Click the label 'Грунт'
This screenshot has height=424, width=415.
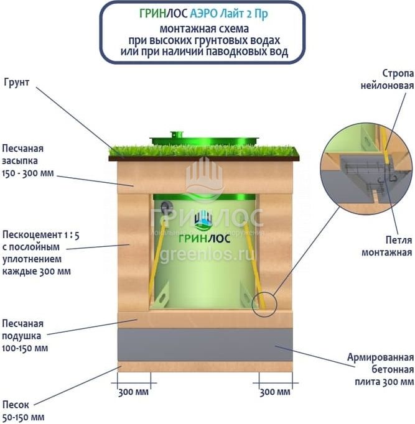17,81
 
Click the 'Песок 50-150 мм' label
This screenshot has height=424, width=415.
24,411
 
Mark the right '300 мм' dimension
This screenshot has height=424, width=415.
274,392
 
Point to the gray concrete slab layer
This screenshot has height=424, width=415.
205,344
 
